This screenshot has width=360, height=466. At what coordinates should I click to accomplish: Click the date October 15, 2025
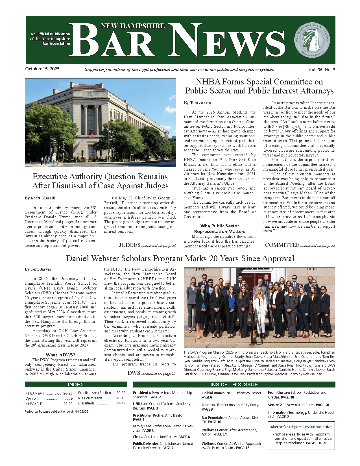coord(42,69)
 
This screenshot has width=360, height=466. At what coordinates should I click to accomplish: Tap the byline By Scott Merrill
coord(40,198)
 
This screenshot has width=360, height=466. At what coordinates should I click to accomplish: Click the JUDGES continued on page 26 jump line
coord(147,245)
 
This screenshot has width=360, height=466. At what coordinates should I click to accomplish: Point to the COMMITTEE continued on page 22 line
coord(300,245)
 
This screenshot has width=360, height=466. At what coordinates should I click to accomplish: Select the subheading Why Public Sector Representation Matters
coord(220,228)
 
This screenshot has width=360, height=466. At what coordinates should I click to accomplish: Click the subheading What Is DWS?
coord(60,355)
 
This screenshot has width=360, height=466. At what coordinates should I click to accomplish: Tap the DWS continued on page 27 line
coord(152,373)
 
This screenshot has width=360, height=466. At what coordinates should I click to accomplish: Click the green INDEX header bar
coord(76,384)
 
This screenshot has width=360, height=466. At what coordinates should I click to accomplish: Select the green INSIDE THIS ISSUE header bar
coord(234,384)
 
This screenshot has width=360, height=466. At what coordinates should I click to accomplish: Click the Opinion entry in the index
coord(49,398)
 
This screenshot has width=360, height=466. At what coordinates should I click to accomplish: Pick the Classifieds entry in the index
coord(102,403)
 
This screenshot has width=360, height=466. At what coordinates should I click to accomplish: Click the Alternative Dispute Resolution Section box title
coord(301,427)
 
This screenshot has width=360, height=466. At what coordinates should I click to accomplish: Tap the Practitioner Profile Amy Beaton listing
coord(159,417)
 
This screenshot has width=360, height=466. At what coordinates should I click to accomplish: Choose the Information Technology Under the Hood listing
coord(301,415)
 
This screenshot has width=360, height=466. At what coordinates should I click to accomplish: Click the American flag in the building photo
coord(91,136)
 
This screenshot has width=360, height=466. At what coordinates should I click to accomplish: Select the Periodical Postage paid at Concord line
coord(56,411)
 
